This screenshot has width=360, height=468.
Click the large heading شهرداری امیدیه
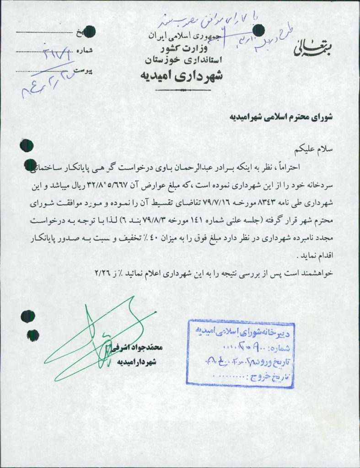pyautogui.click(x=182, y=74)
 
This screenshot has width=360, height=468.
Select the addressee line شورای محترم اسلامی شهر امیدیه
pyautogui.click(x=281, y=117)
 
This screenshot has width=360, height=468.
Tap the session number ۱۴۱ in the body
pyautogui.click(x=195, y=220)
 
